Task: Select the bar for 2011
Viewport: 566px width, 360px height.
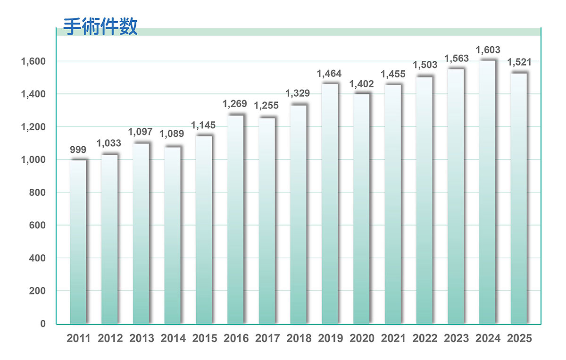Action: [78, 242]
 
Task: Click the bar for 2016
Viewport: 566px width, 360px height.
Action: [235, 219]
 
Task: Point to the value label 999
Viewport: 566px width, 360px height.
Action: [78, 150]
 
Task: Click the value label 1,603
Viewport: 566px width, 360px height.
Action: [488, 50]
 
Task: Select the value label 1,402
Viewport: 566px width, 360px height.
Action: [361, 84]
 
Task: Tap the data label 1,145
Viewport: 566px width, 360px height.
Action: [203, 126]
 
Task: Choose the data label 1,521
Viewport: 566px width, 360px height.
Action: [519, 62]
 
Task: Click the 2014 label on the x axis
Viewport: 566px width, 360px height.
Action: [173, 338]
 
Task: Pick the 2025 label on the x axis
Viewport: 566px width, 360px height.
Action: [519, 338]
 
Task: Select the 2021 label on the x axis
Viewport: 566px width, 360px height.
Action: [393, 338]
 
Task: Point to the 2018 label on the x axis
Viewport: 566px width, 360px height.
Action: [299, 338]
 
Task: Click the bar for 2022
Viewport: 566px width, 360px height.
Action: [424, 201]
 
